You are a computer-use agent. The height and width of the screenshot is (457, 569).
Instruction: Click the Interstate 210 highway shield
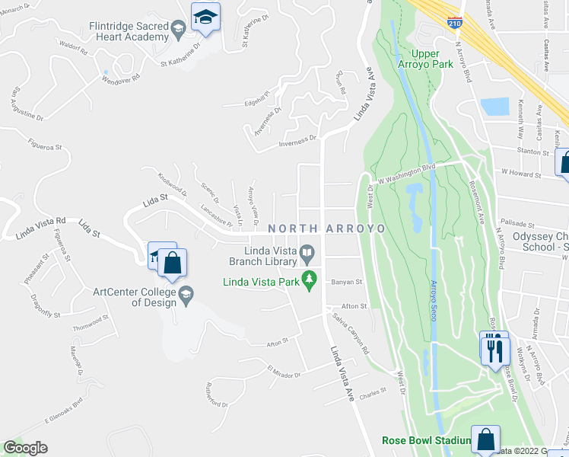[x=455, y=23]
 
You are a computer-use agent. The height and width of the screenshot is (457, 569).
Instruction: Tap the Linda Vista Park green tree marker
[x=309, y=280]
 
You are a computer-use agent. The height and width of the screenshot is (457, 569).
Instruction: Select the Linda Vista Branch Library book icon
[x=307, y=251]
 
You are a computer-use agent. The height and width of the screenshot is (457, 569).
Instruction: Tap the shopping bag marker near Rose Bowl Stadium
[x=485, y=439]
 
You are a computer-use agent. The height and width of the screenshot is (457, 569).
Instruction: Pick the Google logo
[x=25, y=448]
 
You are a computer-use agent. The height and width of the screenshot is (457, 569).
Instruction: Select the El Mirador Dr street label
[x=284, y=371]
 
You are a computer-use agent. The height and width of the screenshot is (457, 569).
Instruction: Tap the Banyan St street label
[x=346, y=282]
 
